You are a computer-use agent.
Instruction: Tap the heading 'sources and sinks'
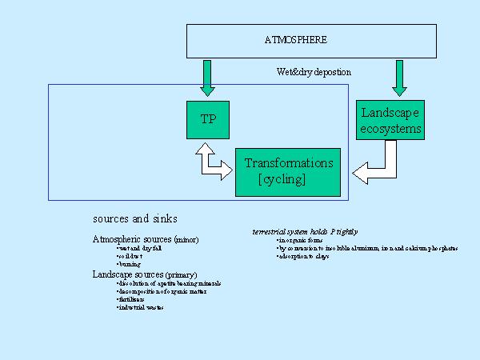135,218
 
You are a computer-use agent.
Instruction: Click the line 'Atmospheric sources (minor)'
146,239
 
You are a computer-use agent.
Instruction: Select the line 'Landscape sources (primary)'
144,274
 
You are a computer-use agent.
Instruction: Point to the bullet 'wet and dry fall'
137,248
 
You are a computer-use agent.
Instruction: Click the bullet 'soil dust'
130,256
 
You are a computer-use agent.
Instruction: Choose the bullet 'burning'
129,264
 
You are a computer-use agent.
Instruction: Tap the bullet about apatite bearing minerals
169,283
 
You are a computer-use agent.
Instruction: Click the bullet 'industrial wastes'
140,307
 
